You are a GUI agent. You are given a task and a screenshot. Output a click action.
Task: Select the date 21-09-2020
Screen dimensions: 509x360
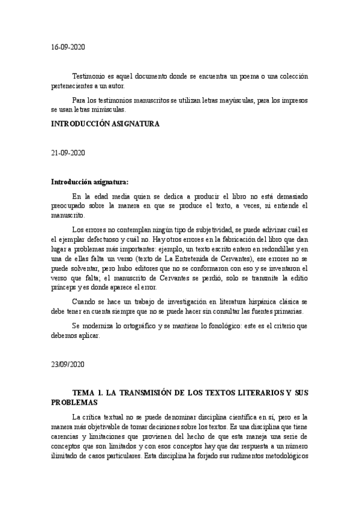click(68, 153)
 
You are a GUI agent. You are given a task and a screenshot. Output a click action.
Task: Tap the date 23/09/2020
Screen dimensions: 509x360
click(68, 364)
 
